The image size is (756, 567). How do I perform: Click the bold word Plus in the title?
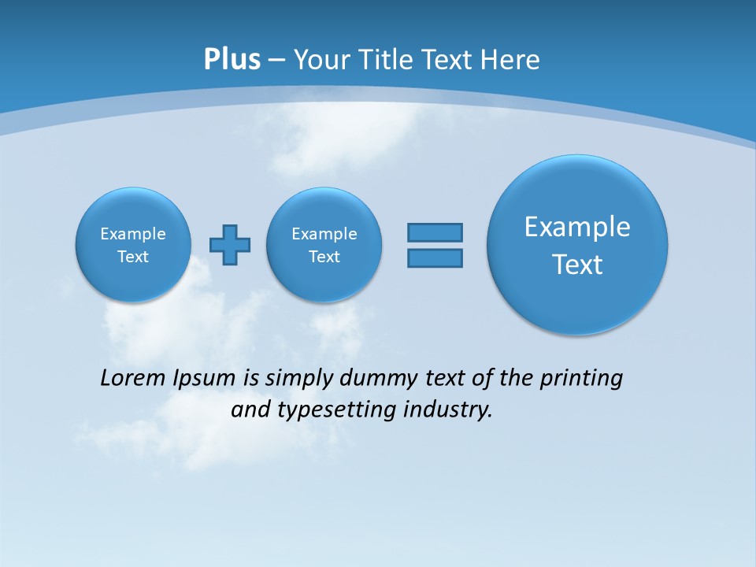point(232,60)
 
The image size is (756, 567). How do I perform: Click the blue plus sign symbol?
point(230,245)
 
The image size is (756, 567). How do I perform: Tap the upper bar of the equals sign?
point(435,232)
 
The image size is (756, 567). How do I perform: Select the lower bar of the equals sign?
point(435,258)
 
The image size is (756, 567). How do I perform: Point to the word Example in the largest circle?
point(577,227)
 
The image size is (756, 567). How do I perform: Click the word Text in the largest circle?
point(577,265)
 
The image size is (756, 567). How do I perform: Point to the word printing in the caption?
point(580,379)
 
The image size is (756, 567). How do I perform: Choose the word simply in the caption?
point(298,379)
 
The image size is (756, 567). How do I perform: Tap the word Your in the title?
point(319,60)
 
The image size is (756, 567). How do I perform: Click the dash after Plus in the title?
point(276,61)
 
